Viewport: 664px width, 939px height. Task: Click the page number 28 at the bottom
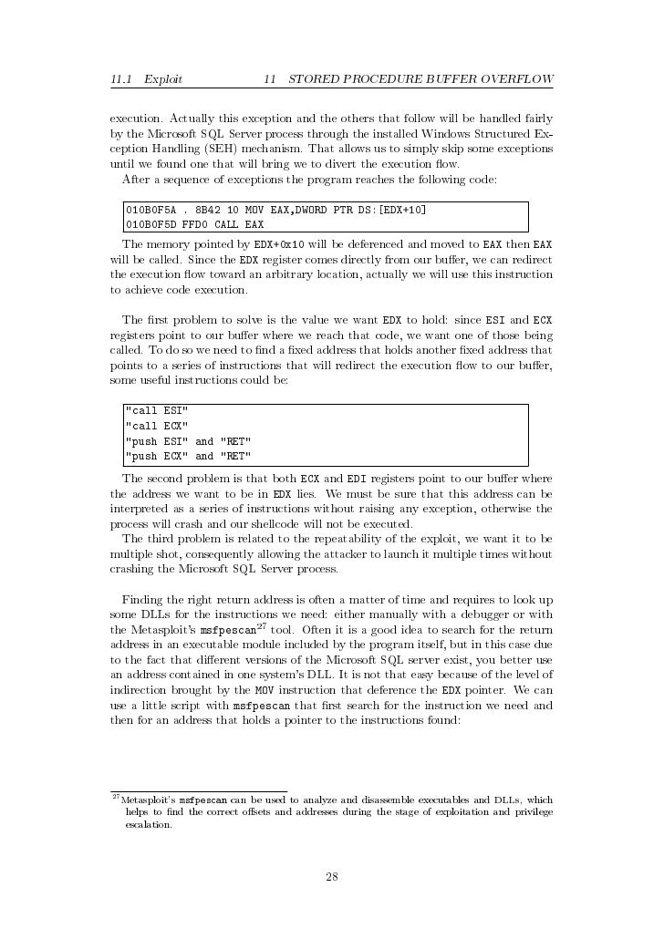(x=332, y=878)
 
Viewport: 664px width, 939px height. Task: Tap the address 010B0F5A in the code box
(x=150, y=211)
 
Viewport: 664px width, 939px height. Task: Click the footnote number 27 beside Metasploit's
(x=115, y=796)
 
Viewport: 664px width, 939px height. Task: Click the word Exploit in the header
(x=163, y=79)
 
